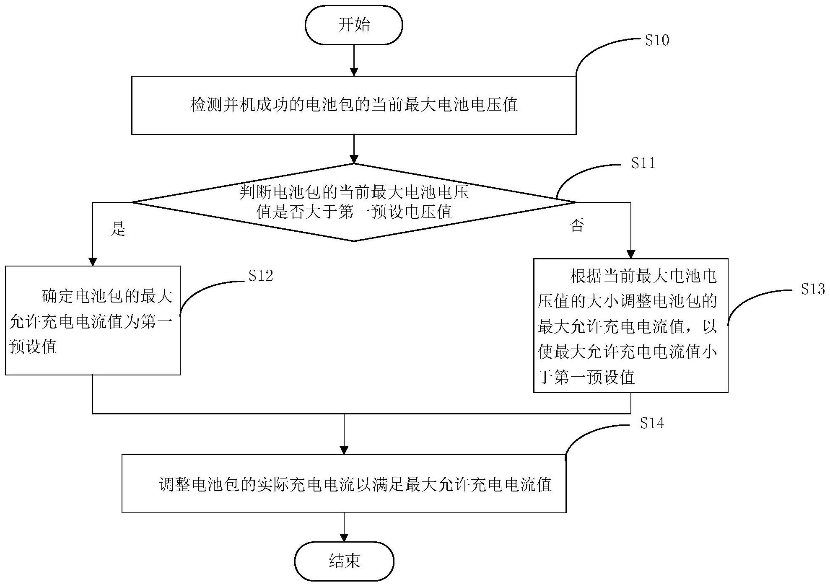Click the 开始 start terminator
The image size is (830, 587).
pos(353,25)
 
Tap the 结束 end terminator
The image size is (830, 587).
pos(344,561)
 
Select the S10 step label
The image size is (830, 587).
pos(656,41)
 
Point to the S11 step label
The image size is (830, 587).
pos(643,163)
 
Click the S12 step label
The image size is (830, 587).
pos(260,276)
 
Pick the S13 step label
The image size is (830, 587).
pos(812,290)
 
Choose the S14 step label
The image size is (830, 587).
pos(652,424)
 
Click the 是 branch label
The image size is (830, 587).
pos(118,229)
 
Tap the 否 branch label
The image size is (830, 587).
pos(577,225)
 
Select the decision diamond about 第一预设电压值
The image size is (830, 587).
pos(354,202)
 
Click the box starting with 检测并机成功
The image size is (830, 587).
pos(354,105)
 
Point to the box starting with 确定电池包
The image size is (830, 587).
pos(93,321)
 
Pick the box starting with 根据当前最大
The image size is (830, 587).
pos(630,326)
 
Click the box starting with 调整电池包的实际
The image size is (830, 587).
pos(344,484)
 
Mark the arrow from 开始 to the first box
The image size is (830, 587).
pos(354,60)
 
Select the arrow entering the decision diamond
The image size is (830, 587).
pos(354,149)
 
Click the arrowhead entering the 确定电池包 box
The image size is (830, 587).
pos(93,261)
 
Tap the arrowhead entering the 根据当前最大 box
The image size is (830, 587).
pos(630,254)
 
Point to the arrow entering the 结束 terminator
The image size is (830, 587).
pos(344,528)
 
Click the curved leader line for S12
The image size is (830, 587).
pos(205,289)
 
